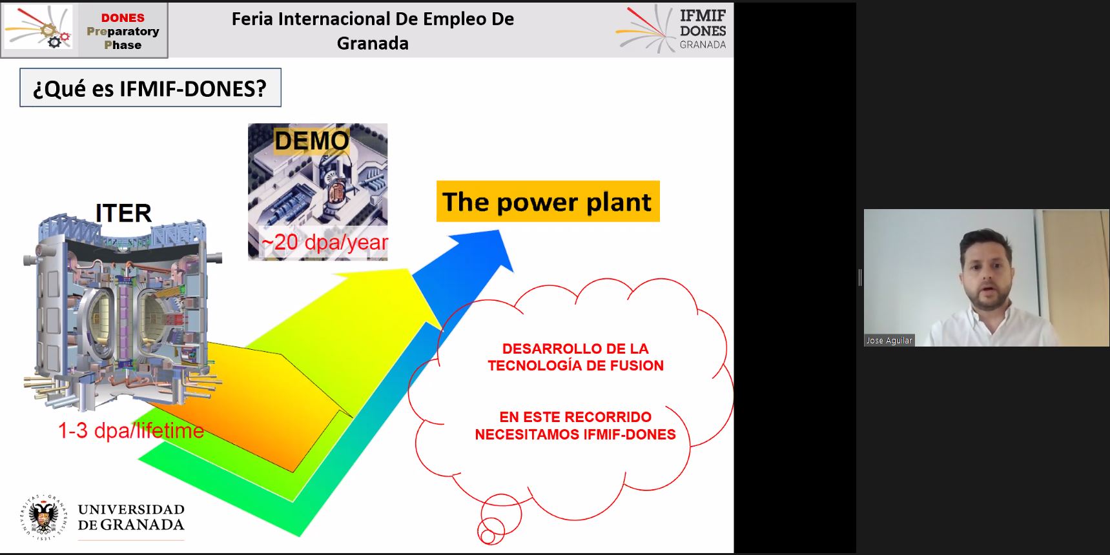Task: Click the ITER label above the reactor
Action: click(x=123, y=213)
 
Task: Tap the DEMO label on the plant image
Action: click(x=311, y=141)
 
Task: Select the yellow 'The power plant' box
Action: click(x=548, y=201)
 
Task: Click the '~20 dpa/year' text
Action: click(x=324, y=242)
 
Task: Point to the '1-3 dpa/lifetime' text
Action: click(x=131, y=430)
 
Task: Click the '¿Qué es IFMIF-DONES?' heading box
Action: click(x=150, y=88)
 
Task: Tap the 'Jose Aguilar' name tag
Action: click(x=889, y=340)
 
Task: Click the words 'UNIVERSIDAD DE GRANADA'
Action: click(x=131, y=518)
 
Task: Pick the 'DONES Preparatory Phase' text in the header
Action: click(x=123, y=31)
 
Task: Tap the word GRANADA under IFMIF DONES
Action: click(x=703, y=45)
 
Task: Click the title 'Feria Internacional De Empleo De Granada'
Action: click(x=373, y=31)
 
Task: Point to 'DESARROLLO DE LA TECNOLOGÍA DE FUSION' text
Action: click(x=575, y=357)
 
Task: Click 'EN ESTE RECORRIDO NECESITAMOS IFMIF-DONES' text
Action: click(x=575, y=426)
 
